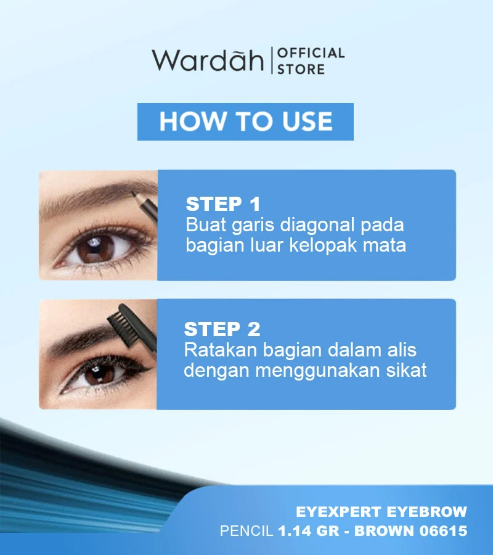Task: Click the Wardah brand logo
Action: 208,60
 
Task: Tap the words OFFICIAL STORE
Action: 310,60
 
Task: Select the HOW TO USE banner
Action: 245,121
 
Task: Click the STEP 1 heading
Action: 223,204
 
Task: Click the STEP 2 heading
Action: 222,329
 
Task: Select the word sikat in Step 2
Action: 406,371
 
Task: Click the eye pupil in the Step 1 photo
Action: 96,247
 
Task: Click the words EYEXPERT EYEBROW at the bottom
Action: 381,512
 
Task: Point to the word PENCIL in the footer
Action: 246,531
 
